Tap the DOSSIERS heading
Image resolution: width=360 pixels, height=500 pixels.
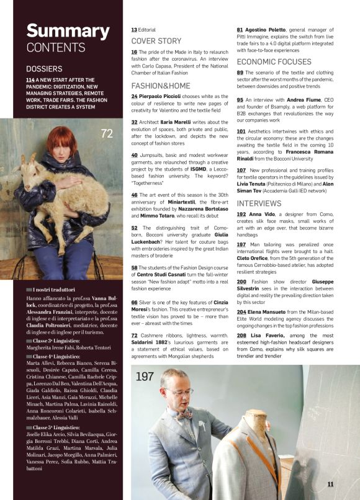pos(44,69)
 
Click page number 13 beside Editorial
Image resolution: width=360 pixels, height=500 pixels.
pos(134,29)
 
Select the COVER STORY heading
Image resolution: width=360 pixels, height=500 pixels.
pos(156,41)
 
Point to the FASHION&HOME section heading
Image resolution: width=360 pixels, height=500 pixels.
pos(161,86)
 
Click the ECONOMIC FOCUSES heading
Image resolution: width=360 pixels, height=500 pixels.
pos(274,62)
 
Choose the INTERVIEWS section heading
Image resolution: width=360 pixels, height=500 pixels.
pos(259,203)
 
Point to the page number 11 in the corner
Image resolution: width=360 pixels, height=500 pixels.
pos(331,484)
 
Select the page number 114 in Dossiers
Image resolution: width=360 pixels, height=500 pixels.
pos(30,80)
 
